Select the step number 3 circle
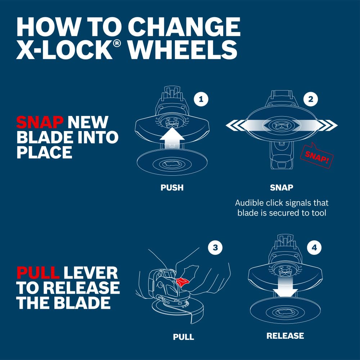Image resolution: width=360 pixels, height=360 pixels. pyautogui.click(x=215, y=247)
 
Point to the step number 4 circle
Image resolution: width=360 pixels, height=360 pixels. pyautogui.click(x=314, y=247)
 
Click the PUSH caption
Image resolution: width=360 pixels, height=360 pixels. pyautogui.click(x=172, y=188)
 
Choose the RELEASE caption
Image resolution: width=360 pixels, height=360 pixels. pyautogui.click(x=285, y=336)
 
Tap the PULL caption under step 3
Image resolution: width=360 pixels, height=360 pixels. pyautogui.click(x=184, y=337)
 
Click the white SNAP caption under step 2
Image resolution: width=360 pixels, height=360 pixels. pyautogui.click(x=282, y=188)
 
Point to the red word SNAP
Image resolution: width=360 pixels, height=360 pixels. pyautogui.click(x=40, y=122)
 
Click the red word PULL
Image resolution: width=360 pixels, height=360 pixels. pyautogui.click(x=38, y=273)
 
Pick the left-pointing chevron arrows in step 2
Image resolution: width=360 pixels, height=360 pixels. pyautogui.click(x=236, y=126)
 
